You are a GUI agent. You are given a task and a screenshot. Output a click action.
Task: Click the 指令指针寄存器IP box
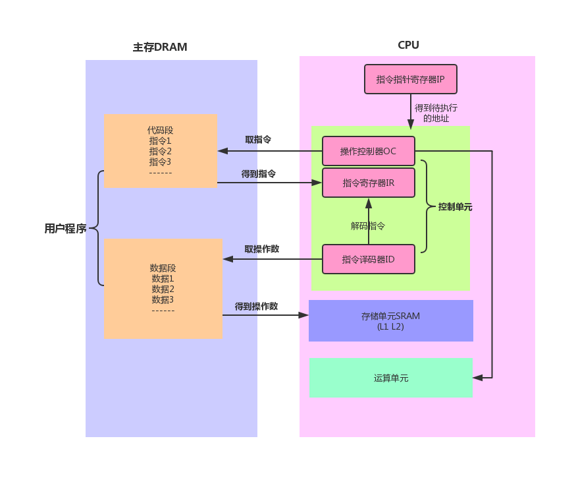point(410,79)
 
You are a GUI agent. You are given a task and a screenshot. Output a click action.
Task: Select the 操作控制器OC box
point(368,151)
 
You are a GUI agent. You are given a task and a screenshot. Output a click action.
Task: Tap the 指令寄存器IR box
point(368,183)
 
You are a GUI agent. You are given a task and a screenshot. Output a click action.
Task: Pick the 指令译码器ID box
point(368,259)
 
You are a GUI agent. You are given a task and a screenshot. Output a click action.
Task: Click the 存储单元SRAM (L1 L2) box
point(390,321)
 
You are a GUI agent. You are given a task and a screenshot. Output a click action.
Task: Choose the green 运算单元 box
point(390,378)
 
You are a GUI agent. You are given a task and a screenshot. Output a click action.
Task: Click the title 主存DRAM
point(160,47)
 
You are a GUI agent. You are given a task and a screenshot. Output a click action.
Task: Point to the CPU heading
point(408,45)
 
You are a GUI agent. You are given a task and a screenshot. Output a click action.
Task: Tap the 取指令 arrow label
point(258,140)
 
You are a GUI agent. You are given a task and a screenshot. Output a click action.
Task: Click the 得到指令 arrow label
point(258,174)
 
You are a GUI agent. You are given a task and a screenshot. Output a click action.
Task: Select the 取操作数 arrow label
point(261,249)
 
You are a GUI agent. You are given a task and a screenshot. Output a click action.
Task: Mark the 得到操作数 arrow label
point(256,307)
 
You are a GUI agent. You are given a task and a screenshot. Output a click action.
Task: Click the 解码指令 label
point(367,225)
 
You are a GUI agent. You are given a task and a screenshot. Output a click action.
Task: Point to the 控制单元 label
point(455,207)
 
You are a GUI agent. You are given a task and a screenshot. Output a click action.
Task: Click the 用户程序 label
point(65,229)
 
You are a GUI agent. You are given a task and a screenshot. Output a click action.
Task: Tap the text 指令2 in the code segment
point(160,151)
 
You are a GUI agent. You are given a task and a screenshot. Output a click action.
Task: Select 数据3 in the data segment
point(163,299)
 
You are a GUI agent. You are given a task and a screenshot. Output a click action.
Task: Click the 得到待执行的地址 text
point(436,113)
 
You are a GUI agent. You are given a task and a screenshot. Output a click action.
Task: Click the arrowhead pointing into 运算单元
point(477,378)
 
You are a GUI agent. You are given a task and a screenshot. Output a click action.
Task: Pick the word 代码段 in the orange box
point(160,130)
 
